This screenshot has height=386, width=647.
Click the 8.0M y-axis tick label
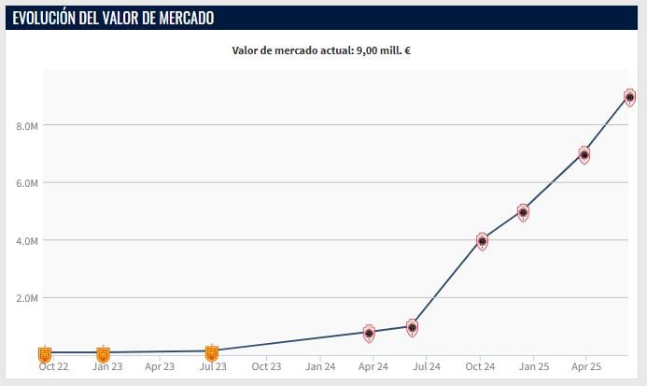pyautogui.click(x=27, y=125)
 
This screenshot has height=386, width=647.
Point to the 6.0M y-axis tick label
pyautogui.click(x=27, y=183)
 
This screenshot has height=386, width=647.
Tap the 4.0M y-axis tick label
pyautogui.click(x=27, y=241)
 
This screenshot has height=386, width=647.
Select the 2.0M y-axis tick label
pyautogui.click(x=27, y=298)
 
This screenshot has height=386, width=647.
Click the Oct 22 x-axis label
pyautogui.click(x=52, y=367)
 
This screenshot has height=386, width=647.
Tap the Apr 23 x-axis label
pyautogui.click(x=160, y=367)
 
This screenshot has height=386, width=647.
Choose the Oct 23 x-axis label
pyautogui.click(x=266, y=367)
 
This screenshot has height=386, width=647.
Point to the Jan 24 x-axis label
pyautogui.click(x=320, y=367)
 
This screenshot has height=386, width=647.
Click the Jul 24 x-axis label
pyautogui.click(x=427, y=367)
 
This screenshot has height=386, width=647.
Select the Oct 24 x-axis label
pyautogui.click(x=480, y=367)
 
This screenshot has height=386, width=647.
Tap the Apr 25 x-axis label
pyautogui.click(x=585, y=367)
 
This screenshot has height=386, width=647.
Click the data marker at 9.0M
pyautogui.click(x=630, y=97)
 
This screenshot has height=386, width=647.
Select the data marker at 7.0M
pyautogui.click(x=584, y=155)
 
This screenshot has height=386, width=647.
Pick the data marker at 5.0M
pyautogui.click(x=523, y=213)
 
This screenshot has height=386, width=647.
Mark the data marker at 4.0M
pyautogui.click(x=482, y=241)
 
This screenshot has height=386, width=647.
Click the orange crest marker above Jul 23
pyautogui.click(x=212, y=352)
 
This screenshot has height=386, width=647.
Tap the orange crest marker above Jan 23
pyautogui.click(x=103, y=354)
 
